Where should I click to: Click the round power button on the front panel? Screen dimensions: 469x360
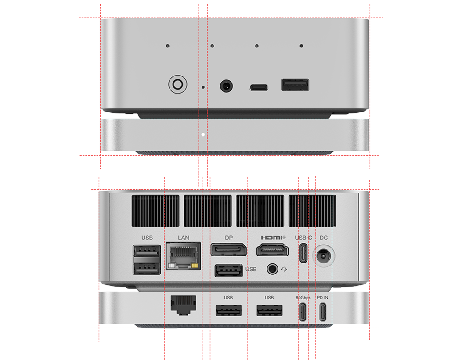178,84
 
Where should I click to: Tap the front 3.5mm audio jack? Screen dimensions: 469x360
227,86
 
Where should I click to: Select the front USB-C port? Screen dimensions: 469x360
259,88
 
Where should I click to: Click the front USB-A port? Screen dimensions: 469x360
295,85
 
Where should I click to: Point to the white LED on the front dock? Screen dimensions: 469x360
203,134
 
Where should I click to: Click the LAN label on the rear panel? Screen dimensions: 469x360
184,238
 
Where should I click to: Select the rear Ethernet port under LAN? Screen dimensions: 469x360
183,256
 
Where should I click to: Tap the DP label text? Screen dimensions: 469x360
229,238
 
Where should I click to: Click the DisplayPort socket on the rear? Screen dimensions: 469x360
229,250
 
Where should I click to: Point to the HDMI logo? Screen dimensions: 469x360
273,238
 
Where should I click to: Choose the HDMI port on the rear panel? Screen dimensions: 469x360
273,250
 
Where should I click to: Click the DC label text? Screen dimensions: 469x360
324,238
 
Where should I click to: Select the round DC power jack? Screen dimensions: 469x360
324,256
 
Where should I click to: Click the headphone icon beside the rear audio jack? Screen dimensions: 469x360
284,270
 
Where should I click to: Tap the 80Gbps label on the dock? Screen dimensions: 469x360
303,298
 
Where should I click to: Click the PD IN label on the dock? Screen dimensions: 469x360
322,298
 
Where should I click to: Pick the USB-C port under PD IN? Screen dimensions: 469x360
323,312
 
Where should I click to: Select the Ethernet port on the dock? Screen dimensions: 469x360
184,305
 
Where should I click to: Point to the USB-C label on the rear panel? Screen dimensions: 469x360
303,238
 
